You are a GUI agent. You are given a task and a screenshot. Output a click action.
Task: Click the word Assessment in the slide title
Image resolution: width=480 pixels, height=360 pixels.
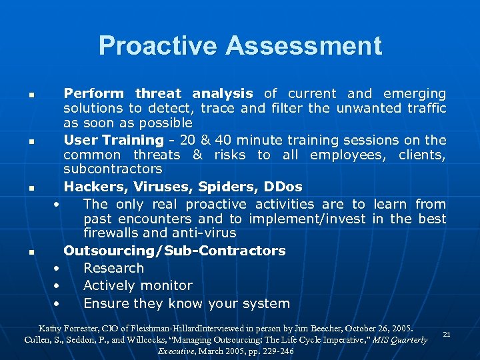point(304,46)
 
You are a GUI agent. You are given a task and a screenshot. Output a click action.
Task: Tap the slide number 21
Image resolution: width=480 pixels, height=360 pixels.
point(447,334)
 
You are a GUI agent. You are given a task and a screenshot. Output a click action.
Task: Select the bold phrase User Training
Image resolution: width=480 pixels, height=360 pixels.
point(113,140)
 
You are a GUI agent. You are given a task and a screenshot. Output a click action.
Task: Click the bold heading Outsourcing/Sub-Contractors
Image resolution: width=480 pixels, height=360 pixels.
point(175,251)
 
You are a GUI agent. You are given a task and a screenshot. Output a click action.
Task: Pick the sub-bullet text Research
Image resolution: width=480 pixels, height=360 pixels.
point(113,268)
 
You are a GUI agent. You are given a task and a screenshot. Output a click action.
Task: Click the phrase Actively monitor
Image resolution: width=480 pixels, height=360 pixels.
point(137,285)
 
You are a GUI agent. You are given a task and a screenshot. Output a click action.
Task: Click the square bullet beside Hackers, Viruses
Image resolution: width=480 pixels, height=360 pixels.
point(31,189)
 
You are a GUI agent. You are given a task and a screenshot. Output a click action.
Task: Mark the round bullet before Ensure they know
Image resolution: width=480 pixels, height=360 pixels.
point(57,304)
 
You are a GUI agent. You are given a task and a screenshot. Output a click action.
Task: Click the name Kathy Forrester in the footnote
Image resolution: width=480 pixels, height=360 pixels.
point(68,329)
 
